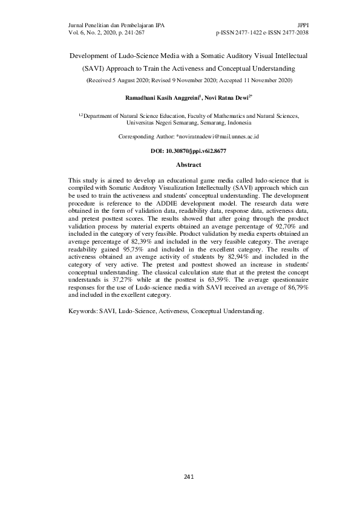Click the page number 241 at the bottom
point(188,478)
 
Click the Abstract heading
point(188,165)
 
